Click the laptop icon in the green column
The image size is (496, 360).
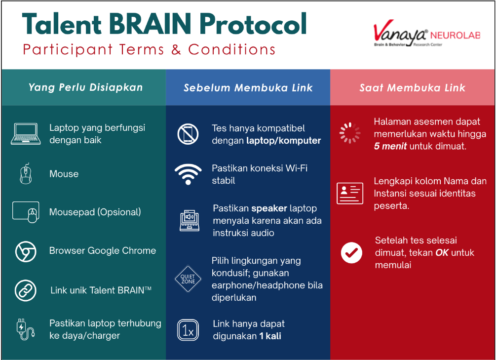(x=26, y=134)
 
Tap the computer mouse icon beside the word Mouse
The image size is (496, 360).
(x=26, y=174)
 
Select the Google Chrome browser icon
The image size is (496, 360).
(x=26, y=251)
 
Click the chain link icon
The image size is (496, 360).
(x=26, y=290)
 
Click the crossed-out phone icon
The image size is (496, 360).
(x=188, y=134)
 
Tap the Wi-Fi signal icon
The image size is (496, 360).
(x=188, y=174)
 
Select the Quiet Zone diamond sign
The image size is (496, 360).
(x=188, y=279)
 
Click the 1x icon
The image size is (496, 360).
(x=188, y=330)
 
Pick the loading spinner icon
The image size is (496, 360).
(x=350, y=133)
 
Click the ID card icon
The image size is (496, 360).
(x=350, y=193)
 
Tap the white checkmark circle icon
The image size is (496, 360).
(x=351, y=253)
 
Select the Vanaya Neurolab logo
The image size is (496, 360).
(x=427, y=34)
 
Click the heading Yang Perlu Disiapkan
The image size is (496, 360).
(x=85, y=87)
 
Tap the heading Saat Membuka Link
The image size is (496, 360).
(x=413, y=88)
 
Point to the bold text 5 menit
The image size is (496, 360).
(x=390, y=146)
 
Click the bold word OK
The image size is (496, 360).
(x=442, y=253)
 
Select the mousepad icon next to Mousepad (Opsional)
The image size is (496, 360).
(x=26, y=212)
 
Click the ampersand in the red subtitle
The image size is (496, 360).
(x=176, y=50)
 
